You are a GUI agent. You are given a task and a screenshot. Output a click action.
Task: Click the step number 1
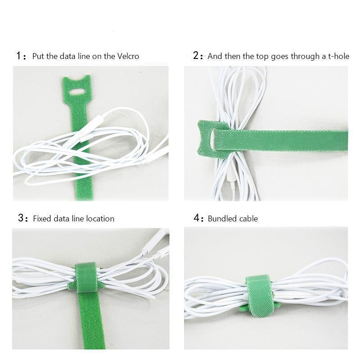(x=18, y=56)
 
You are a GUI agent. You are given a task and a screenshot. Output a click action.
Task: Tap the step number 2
(x=196, y=55)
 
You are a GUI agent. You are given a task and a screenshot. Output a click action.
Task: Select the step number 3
(x=21, y=218)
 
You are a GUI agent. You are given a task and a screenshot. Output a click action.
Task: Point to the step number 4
(x=196, y=218)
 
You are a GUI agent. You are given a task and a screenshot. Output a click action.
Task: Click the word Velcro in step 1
(x=128, y=56)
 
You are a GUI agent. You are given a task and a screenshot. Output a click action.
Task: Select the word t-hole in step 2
(x=339, y=56)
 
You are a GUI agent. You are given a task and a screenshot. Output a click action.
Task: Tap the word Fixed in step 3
(x=42, y=219)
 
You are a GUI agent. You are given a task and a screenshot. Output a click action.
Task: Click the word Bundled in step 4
(x=222, y=219)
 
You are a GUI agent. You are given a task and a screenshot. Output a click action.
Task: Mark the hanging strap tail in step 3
(x=91, y=320)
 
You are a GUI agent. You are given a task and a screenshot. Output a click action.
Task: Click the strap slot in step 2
(x=212, y=139)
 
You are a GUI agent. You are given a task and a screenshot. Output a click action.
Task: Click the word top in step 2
(x=262, y=57)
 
